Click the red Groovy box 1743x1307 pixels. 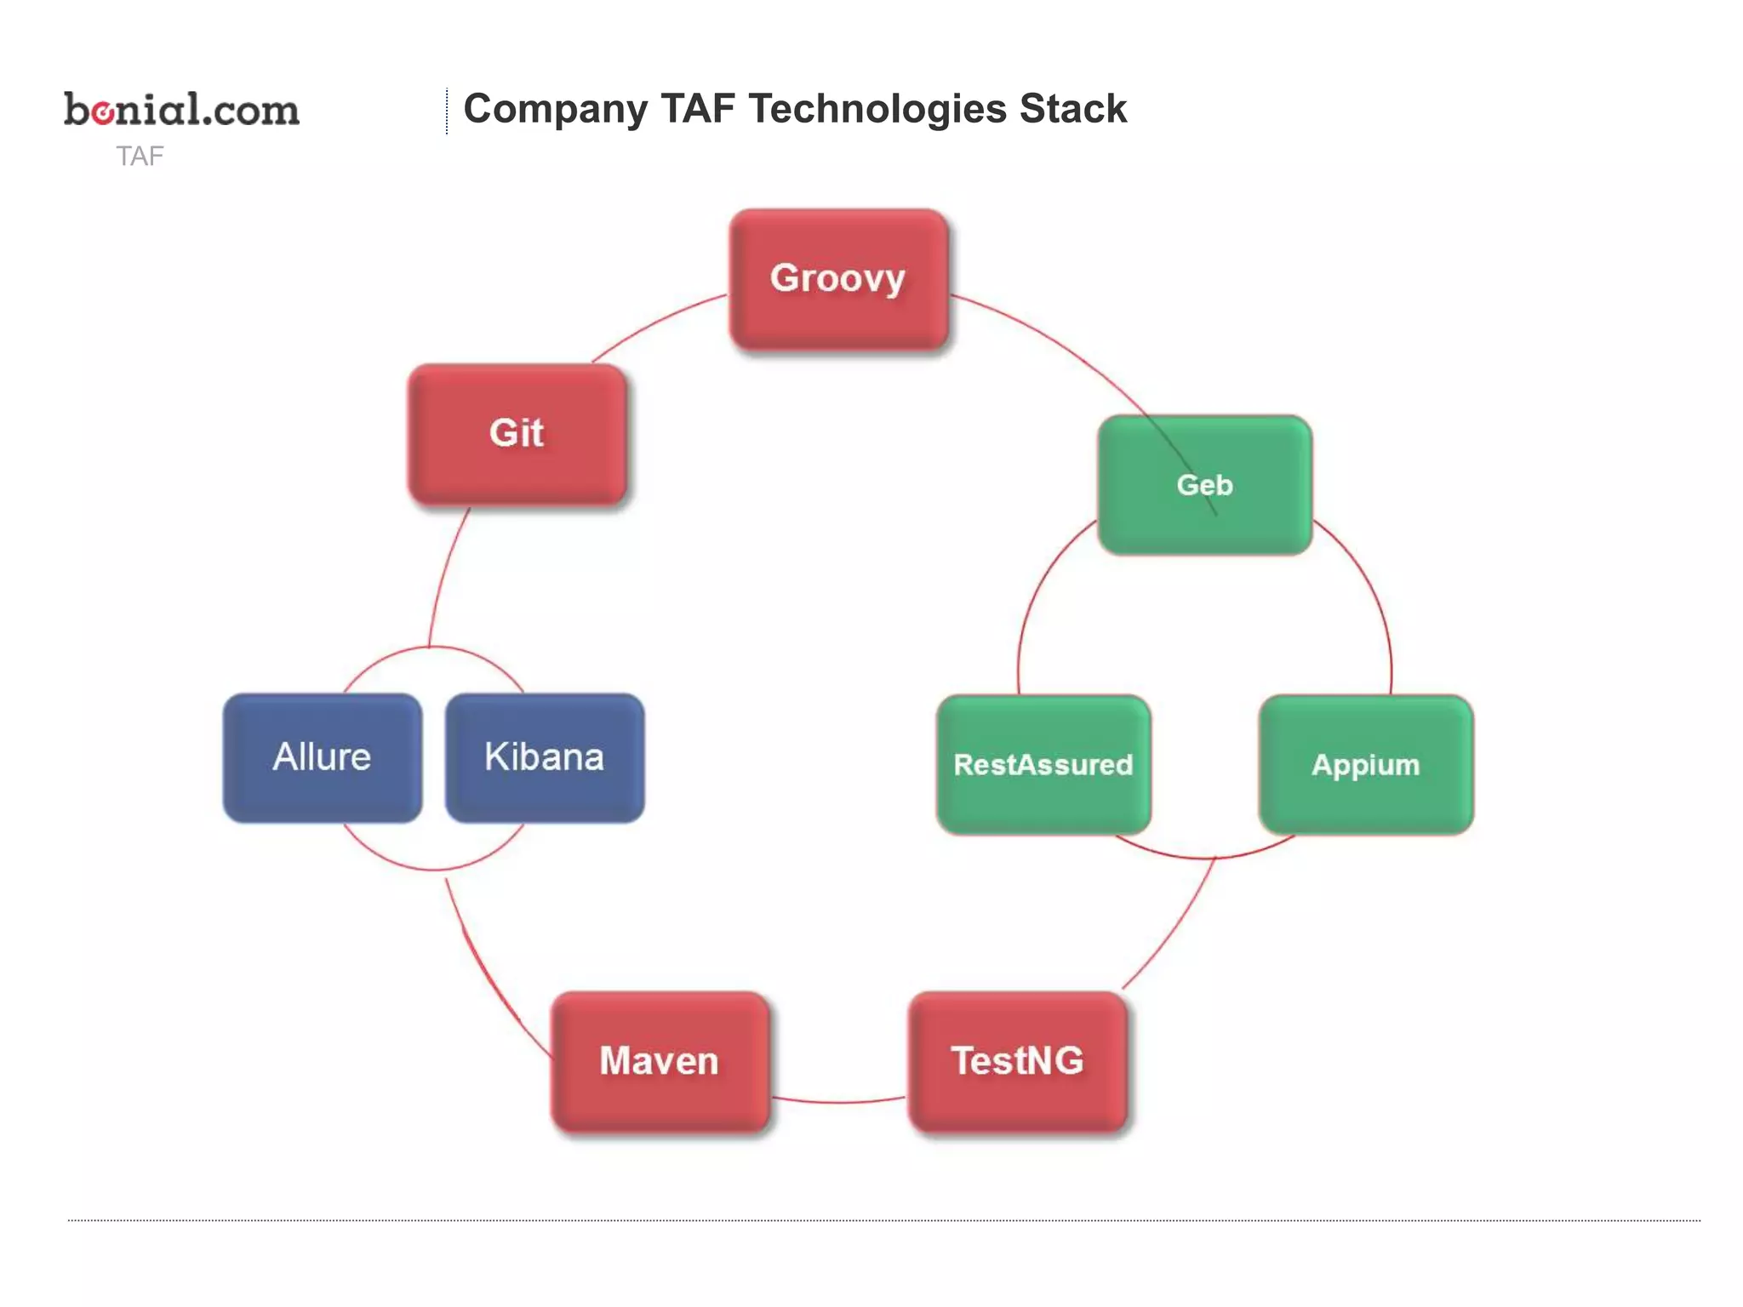pyautogui.click(x=838, y=279)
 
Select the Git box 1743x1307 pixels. pyautogui.click(x=517, y=434)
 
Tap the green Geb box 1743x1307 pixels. pyautogui.click(x=1203, y=485)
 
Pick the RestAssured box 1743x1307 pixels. pyautogui.click(x=1043, y=764)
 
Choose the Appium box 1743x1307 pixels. pyautogui.click(x=1365, y=764)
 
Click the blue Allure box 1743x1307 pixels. pyautogui.click(x=322, y=757)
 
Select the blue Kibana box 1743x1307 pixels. pyautogui.click(x=544, y=757)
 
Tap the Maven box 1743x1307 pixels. pyautogui.click(x=660, y=1061)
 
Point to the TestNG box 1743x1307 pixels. pyautogui.click(x=1017, y=1061)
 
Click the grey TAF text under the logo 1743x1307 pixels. pyautogui.click(x=140, y=157)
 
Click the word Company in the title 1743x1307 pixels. pyautogui.click(x=555, y=109)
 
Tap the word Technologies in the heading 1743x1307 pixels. pyautogui.click(x=877, y=109)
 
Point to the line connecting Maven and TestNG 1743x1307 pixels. pyautogui.click(x=838, y=1102)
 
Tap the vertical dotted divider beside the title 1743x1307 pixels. pyautogui.click(x=446, y=111)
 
